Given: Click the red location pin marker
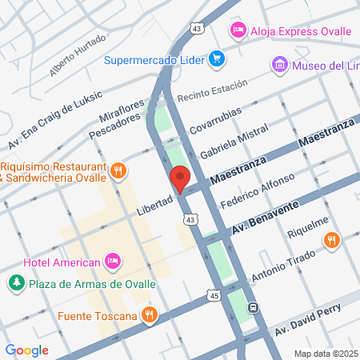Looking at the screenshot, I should (x=179, y=178).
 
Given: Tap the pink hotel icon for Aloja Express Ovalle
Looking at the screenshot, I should (x=237, y=31).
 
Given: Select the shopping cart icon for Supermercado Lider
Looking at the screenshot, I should (x=216, y=58).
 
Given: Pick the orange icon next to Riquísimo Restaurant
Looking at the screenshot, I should (x=118, y=170).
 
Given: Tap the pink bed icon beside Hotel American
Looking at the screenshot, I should (x=113, y=262).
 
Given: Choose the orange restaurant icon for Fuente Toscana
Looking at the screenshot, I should (x=148, y=315).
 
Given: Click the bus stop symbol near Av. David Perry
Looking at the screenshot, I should (x=253, y=307).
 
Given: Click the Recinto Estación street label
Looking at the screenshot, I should (x=210, y=95).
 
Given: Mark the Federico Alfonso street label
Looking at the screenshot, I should (x=258, y=190).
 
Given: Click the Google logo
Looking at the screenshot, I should (x=26, y=350).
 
